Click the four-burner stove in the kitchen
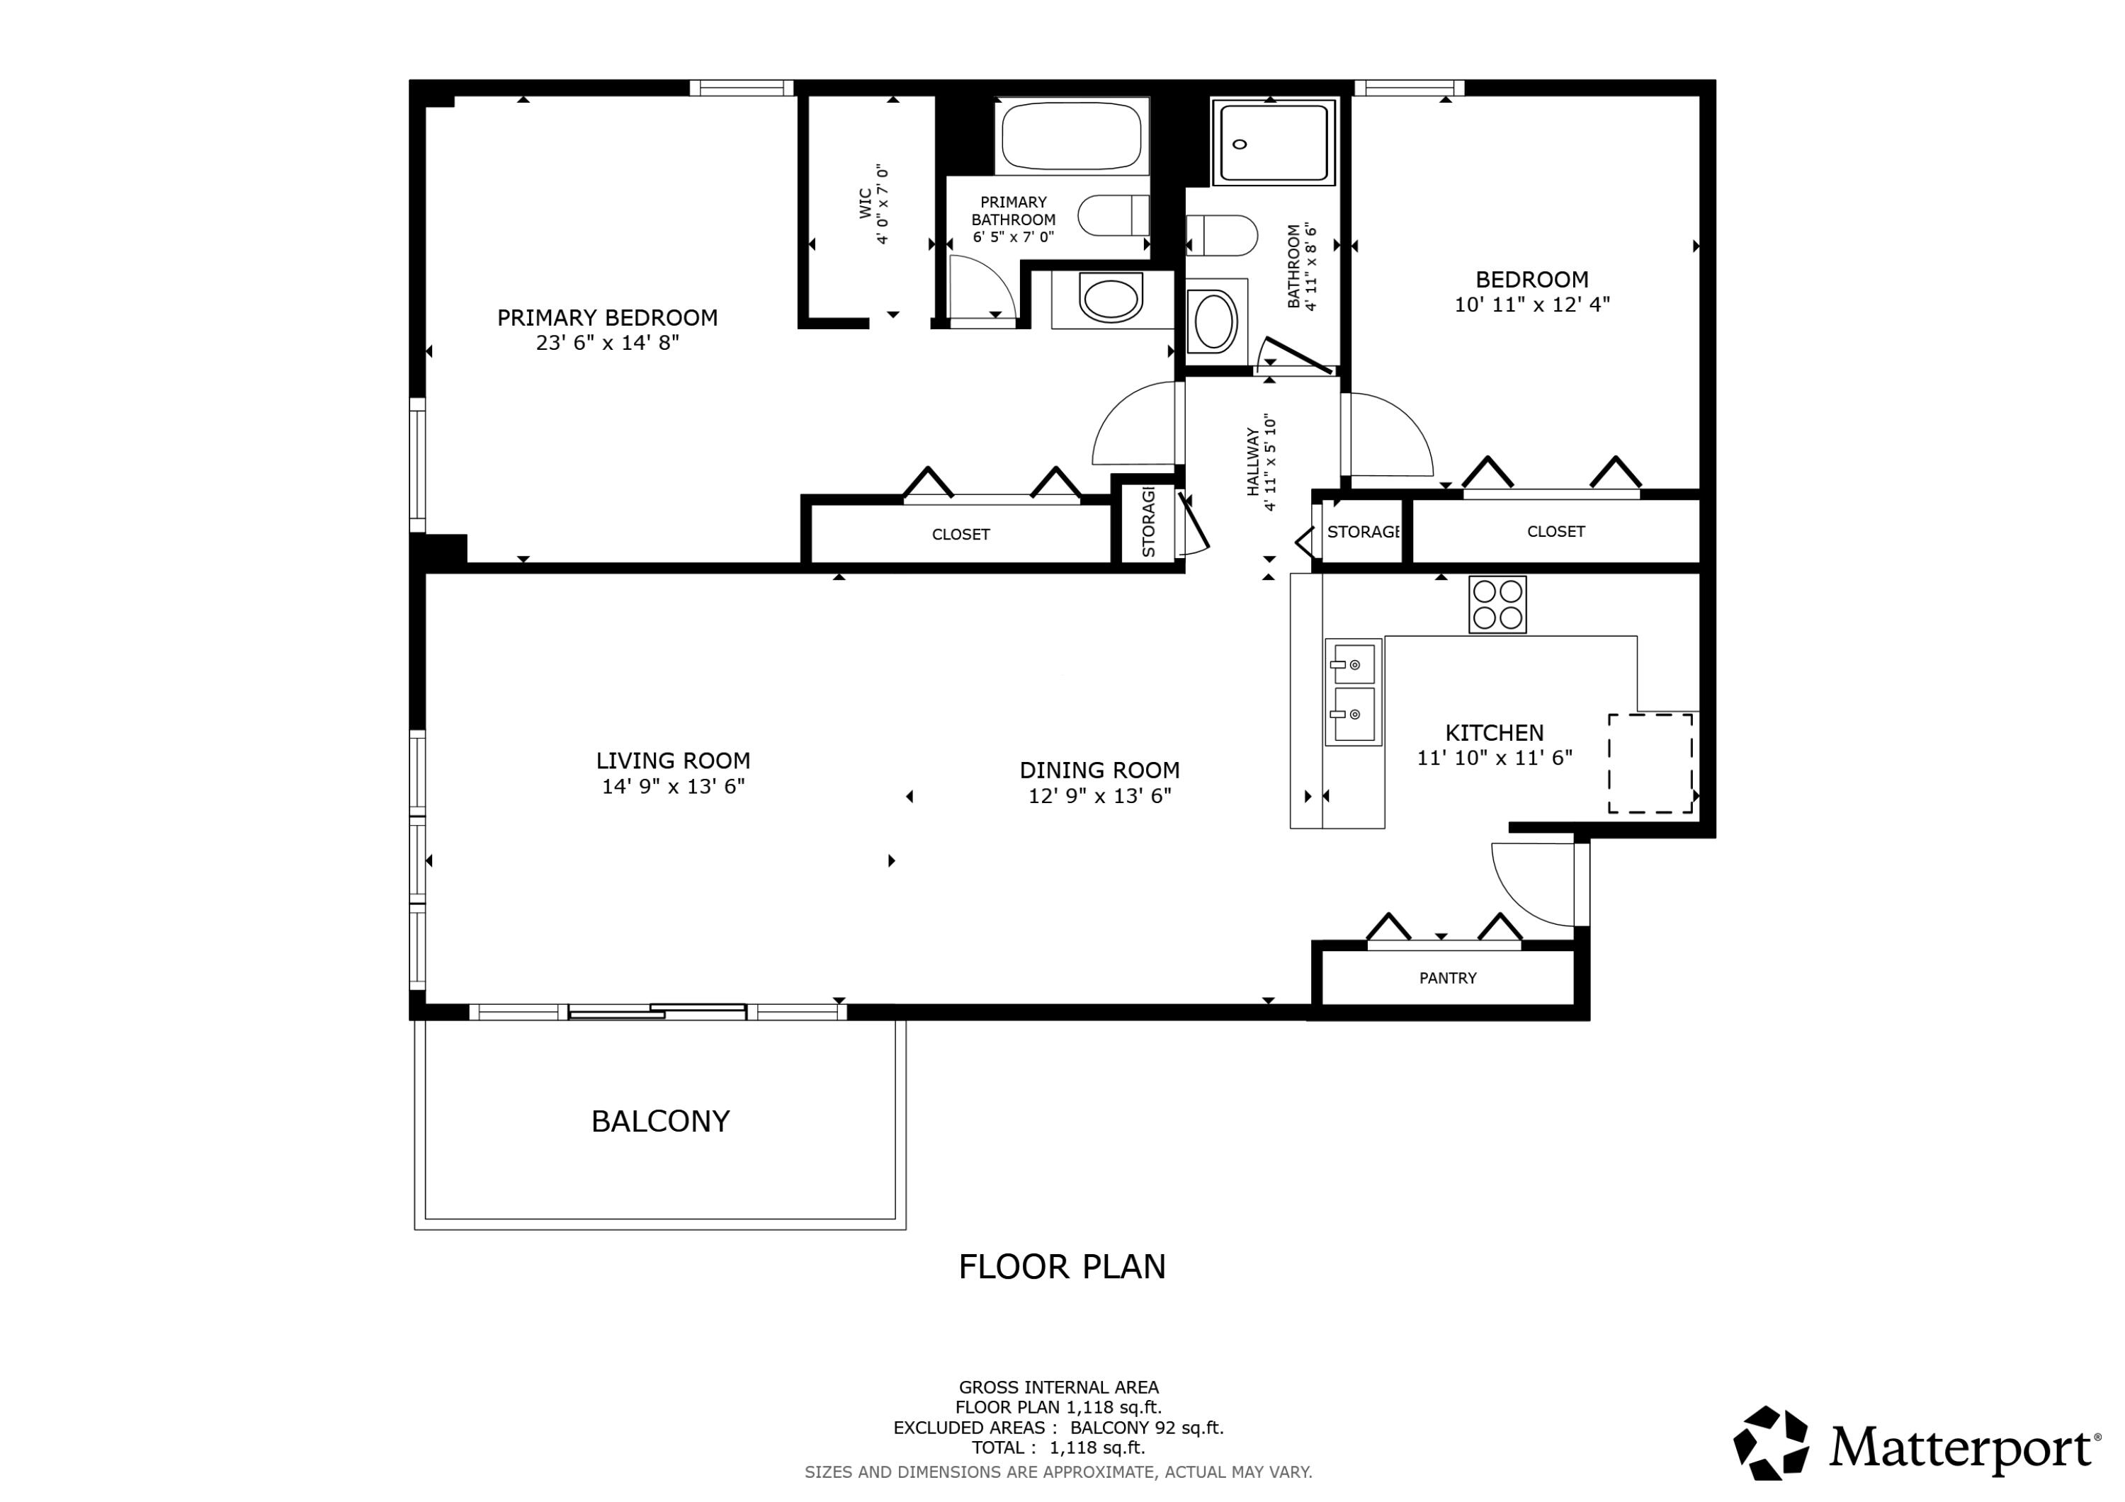[x=1497, y=604]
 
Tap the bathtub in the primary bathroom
[x=1071, y=136]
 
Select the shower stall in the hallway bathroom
[x=1274, y=142]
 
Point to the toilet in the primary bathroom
[x=1113, y=215]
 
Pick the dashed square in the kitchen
[x=1650, y=763]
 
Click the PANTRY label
[x=1448, y=977]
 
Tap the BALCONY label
[x=660, y=1121]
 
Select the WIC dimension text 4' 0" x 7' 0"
[x=882, y=205]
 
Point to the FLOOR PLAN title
[x=1062, y=1266]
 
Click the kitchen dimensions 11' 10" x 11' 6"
[x=1495, y=758]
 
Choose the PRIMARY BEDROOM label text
[x=607, y=317]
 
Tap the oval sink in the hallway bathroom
[x=1215, y=320]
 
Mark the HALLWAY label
[x=1252, y=462]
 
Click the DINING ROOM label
[x=1099, y=770]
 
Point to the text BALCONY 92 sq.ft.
[x=1147, y=1428]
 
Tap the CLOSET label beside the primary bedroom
[x=960, y=534]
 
